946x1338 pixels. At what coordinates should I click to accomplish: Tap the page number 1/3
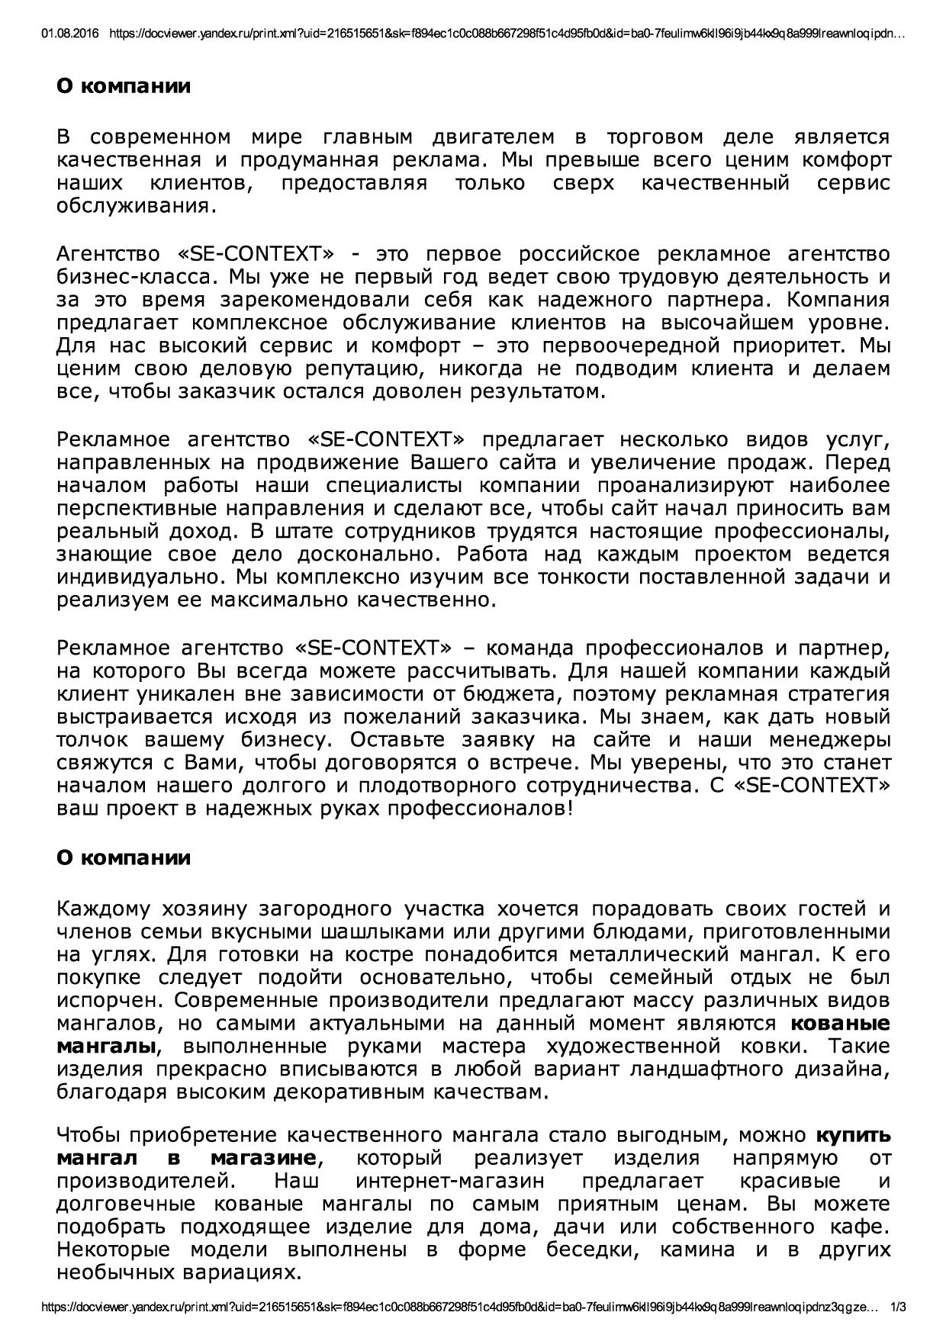(899, 1327)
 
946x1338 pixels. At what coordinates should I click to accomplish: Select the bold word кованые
(840, 1024)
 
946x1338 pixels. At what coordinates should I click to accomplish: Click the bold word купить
(853, 1135)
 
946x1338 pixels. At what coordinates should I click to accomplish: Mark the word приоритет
(770, 346)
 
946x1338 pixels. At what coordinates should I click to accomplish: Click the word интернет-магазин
(450, 1181)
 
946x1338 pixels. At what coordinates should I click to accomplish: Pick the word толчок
(90, 740)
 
